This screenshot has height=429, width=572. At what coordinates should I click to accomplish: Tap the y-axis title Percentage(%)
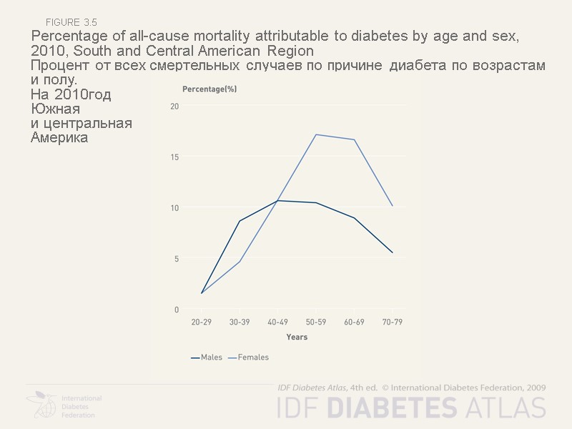pyautogui.click(x=209, y=89)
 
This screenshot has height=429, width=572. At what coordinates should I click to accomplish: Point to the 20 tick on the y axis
pyautogui.click(x=174, y=106)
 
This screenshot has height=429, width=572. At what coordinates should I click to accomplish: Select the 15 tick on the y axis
pyautogui.click(x=174, y=157)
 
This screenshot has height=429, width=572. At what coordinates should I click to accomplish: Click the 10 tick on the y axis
pyautogui.click(x=174, y=208)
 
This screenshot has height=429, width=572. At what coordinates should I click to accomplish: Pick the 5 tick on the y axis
pyautogui.click(x=177, y=259)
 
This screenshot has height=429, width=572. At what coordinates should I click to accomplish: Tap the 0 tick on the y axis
pyautogui.click(x=177, y=310)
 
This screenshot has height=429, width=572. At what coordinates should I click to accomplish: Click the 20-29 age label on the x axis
pyautogui.click(x=201, y=322)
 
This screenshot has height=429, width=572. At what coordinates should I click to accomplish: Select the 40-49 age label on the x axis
pyautogui.click(x=277, y=322)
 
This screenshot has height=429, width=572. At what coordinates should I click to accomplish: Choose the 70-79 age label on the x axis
pyautogui.click(x=392, y=322)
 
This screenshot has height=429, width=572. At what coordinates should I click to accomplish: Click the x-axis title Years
pyautogui.click(x=297, y=337)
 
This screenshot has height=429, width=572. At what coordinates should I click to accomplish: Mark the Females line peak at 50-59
pyautogui.click(x=316, y=134)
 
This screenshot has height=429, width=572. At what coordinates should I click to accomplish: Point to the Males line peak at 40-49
pyautogui.click(x=277, y=200)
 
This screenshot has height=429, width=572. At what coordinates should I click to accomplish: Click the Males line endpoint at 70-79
pyautogui.click(x=393, y=252)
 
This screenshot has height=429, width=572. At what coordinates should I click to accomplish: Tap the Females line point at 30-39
pyautogui.click(x=240, y=262)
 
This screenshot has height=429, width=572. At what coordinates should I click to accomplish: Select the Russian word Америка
pyautogui.click(x=59, y=138)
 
